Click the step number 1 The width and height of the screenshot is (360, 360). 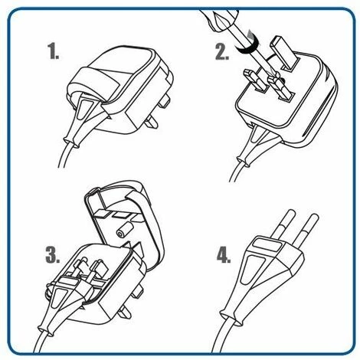[x=53, y=51]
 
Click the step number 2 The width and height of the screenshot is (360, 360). [x=221, y=52]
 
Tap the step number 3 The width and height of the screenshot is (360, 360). [x=53, y=254]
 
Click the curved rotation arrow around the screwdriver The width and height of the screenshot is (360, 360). [x=247, y=47]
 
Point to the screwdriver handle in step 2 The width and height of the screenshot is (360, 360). [x=220, y=20]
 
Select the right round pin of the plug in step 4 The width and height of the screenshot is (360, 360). [x=305, y=229]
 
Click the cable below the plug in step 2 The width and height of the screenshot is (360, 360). [x=236, y=171]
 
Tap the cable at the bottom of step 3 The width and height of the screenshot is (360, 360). [x=41, y=342]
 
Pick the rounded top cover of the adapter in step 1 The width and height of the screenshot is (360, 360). [x=120, y=71]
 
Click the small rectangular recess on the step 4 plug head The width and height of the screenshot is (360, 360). [x=267, y=244]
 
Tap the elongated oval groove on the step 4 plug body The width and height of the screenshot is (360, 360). [x=250, y=270]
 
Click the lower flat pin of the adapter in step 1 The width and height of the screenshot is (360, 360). [x=151, y=122]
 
